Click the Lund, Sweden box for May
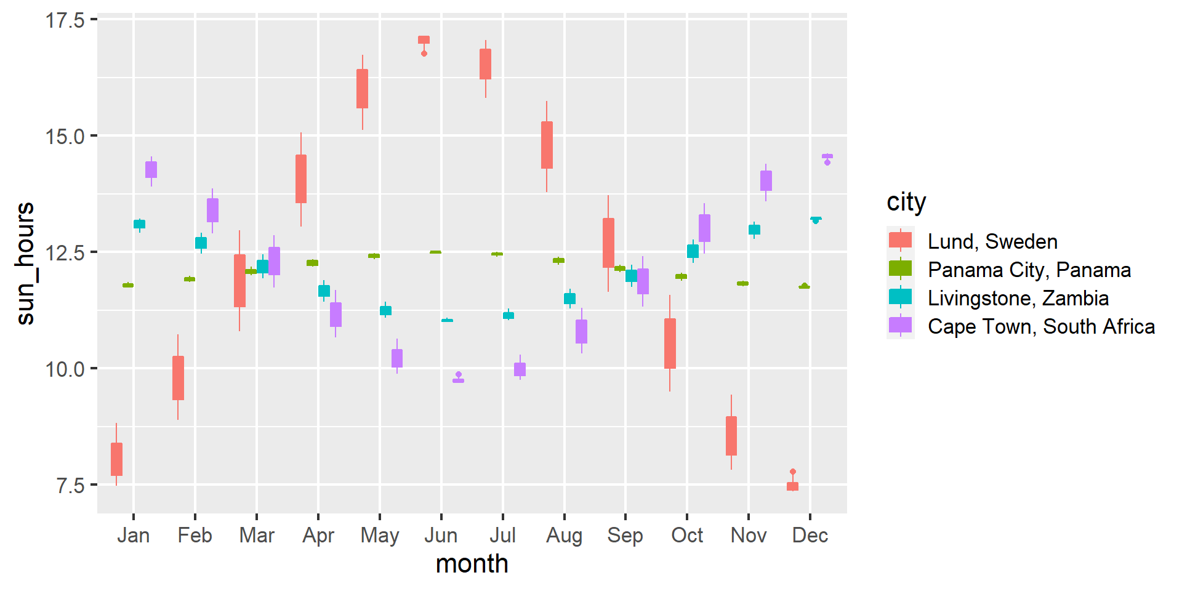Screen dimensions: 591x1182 [x=362, y=89]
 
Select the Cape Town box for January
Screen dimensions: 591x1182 [x=151, y=169]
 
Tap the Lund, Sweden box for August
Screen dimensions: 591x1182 [x=547, y=145]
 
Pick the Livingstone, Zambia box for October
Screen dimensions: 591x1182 [x=693, y=251]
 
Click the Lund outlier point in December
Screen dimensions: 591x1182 [x=793, y=472]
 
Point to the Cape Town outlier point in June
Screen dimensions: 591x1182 [x=458, y=374]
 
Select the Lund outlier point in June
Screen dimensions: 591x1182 [x=424, y=54]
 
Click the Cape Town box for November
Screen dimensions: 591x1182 [x=766, y=180]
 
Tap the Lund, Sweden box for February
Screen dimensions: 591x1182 [x=178, y=378]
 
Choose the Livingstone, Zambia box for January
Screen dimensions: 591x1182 [x=139, y=224]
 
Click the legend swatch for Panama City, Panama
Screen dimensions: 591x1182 [x=900, y=269]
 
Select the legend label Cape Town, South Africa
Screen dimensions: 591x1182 [x=1041, y=326]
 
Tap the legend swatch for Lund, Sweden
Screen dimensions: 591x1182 [x=900, y=241]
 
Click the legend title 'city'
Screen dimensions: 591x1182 [x=906, y=202]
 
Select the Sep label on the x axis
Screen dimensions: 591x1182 [x=625, y=536]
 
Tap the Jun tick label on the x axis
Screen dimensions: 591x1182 [x=441, y=536]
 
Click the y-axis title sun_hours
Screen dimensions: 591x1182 [x=26, y=263]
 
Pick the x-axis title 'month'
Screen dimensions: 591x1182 [x=472, y=564]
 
